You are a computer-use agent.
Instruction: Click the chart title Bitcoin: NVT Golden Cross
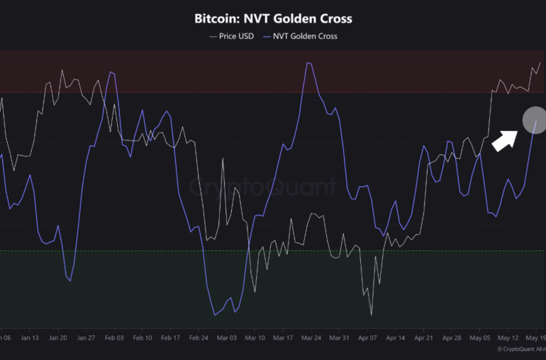pos(273,18)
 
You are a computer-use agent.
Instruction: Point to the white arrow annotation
pos(504,139)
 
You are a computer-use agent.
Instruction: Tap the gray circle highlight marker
pos(535,120)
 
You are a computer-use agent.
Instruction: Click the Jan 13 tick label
pos(30,338)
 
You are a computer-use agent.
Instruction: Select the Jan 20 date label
pos(58,338)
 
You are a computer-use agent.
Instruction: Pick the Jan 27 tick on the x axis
pos(86,338)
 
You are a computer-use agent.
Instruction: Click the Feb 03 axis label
pos(114,338)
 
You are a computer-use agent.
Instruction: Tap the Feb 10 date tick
pos(143,338)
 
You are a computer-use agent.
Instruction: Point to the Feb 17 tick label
pos(171,338)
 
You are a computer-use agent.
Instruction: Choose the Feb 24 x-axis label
pos(199,338)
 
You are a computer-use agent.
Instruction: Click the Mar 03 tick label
pos(227,338)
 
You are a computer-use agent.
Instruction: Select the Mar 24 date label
pos(311,338)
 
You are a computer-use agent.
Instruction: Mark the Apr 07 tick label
pos(368,338)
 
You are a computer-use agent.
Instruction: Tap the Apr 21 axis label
pos(424,338)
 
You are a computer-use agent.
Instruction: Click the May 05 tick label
pos(480,338)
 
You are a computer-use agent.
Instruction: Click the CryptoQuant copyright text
pos(520,349)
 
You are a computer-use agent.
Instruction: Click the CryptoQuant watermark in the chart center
pos(263,187)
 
